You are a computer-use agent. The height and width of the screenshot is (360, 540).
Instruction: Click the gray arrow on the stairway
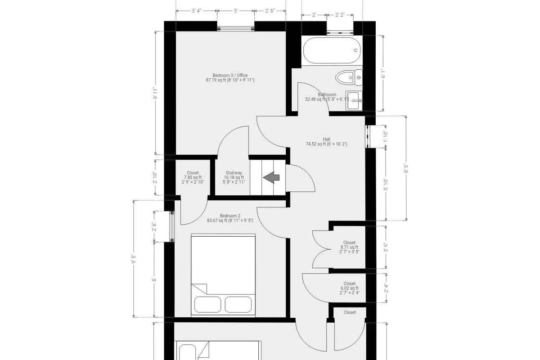click(x=272, y=177)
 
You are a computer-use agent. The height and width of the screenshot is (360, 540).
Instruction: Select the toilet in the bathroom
click(x=349, y=78)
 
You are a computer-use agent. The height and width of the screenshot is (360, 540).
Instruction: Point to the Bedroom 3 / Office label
click(x=230, y=78)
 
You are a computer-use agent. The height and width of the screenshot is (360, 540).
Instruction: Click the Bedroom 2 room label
click(x=230, y=218)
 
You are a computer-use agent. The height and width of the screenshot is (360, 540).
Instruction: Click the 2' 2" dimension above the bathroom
click(x=341, y=15)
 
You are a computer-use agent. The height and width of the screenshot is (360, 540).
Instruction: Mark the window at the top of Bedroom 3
click(x=237, y=27)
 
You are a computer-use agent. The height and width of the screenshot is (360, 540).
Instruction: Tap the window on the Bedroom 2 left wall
click(x=171, y=226)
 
